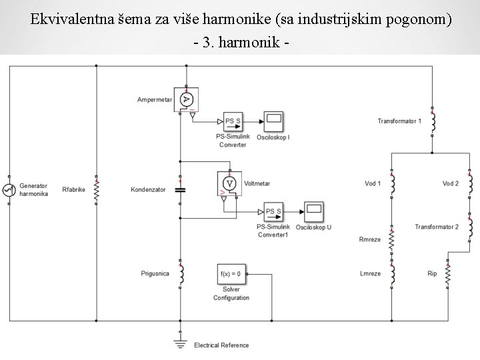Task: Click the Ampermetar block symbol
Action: click(x=187, y=99)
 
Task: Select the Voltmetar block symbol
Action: click(x=230, y=183)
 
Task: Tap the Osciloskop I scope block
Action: click(x=274, y=121)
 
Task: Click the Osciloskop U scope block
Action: click(x=314, y=212)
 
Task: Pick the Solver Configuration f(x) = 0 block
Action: click(x=231, y=273)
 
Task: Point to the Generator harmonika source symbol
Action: click(x=9, y=189)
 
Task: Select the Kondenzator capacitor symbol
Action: click(x=180, y=189)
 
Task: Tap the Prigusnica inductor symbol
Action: click(x=180, y=273)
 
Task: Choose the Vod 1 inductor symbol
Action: click(x=392, y=183)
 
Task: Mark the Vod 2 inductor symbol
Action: click(x=470, y=183)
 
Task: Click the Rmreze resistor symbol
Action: click(x=392, y=238)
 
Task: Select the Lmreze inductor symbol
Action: click(x=392, y=273)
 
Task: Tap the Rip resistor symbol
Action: click(x=447, y=273)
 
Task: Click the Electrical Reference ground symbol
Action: click(x=180, y=343)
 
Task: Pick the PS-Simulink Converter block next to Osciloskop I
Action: click(x=233, y=121)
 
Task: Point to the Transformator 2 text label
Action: click(x=437, y=227)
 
